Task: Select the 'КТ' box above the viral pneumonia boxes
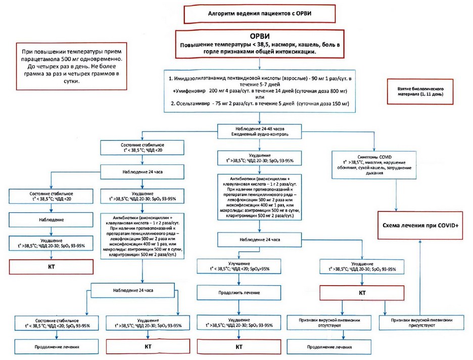pos(362,292)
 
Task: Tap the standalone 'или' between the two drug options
pos(260,97)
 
